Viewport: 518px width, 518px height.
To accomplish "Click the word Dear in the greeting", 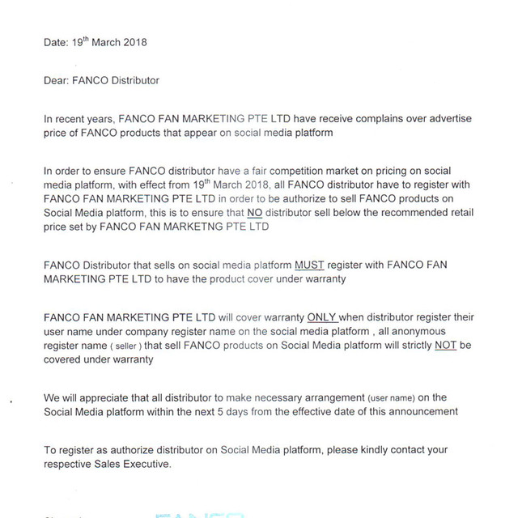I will pos(57,80).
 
